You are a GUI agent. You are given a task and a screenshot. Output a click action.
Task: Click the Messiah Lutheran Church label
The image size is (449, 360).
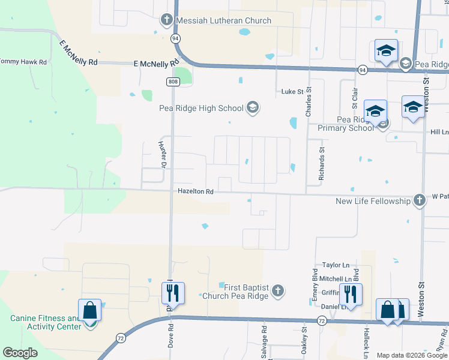(224, 21)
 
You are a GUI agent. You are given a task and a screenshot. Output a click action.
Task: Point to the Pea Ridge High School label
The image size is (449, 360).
(200, 109)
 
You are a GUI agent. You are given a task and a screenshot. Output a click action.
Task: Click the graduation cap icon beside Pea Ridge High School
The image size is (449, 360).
(253, 108)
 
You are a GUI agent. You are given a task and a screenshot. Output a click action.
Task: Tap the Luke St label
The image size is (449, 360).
(294, 92)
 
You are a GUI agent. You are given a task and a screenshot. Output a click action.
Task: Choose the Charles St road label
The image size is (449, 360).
(309, 103)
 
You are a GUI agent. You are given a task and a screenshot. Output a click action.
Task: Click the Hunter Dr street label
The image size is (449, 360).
(161, 151)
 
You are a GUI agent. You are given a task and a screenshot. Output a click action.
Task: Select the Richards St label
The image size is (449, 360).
(322, 164)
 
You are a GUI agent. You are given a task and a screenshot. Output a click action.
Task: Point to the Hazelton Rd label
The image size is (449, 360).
(196, 192)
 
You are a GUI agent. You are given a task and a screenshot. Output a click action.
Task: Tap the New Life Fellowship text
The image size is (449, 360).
(372, 202)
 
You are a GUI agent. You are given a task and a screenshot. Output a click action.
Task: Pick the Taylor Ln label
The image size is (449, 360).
(336, 265)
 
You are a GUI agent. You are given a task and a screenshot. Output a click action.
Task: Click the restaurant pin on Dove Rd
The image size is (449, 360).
(172, 294)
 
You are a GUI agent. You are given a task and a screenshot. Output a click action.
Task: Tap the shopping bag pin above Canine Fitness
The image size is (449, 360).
(89, 310)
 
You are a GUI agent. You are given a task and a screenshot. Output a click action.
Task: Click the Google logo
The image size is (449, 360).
(20, 353)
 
